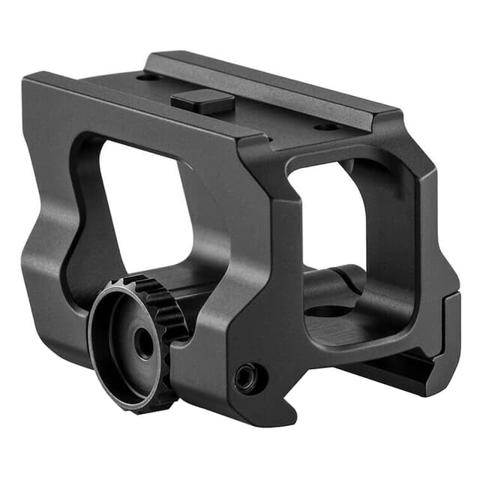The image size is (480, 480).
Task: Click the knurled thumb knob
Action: [135, 341]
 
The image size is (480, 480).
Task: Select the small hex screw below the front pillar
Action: [247, 378]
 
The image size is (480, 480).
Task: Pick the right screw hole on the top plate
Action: [326, 127]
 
